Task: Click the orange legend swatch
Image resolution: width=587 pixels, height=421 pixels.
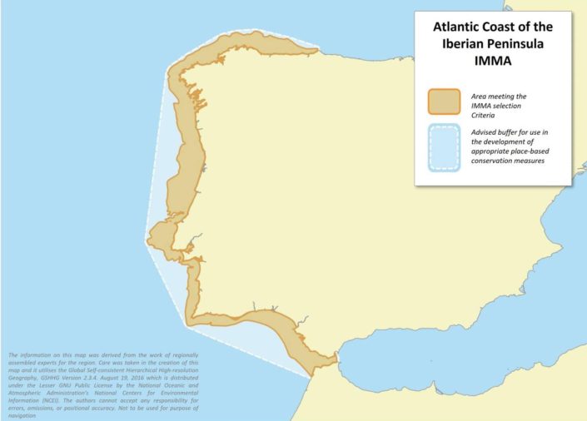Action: click(444, 102)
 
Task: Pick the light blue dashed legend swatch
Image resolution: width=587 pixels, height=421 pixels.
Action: click(444, 148)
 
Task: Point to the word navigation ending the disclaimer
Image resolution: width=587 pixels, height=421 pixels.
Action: click(22, 414)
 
